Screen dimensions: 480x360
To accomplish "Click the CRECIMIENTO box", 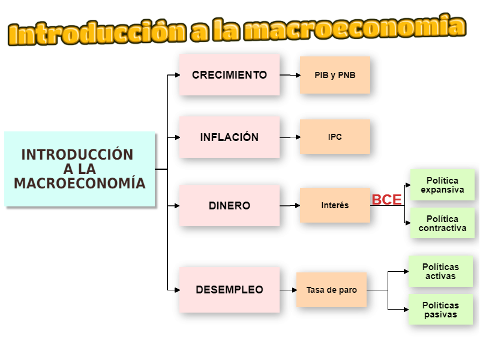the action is pyautogui.click(x=230, y=74).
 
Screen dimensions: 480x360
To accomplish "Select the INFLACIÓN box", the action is pyautogui.click(x=230, y=137).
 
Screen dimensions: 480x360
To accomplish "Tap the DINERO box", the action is pyautogui.click(x=230, y=205).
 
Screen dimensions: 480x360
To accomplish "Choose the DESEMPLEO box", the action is pyautogui.click(x=230, y=290).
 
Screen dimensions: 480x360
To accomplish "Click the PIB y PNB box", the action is pyautogui.click(x=335, y=75).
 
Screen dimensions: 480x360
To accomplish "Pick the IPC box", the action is pyautogui.click(x=335, y=137).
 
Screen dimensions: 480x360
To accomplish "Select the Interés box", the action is pyautogui.click(x=335, y=205).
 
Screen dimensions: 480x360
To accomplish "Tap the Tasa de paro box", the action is pyautogui.click(x=332, y=290).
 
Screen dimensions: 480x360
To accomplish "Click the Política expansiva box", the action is pyautogui.click(x=442, y=185).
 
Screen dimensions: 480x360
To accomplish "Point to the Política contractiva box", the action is pyautogui.click(x=442, y=223).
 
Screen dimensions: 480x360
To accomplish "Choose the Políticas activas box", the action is pyautogui.click(x=440, y=271).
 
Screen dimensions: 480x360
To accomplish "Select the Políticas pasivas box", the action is pyautogui.click(x=440, y=310).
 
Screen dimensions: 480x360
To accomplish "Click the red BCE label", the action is pyautogui.click(x=386, y=200).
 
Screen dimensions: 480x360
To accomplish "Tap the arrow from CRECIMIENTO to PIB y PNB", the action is pyautogui.click(x=290, y=75).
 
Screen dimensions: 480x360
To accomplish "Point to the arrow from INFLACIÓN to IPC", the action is pyautogui.click(x=290, y=137).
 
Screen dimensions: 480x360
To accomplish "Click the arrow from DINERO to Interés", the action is pyautogui.click(x=290, y=205).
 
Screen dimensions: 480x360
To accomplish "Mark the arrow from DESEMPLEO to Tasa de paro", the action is pyautogui.click(x=288, y=290).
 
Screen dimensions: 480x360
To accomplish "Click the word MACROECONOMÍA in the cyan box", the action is pyautogui.click(x=80, y=183).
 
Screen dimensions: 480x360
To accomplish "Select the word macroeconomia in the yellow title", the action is pyautogui.click(x=355, y=27).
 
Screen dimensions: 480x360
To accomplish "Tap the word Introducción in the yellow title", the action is pyautogui.click(x=97, y=32).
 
